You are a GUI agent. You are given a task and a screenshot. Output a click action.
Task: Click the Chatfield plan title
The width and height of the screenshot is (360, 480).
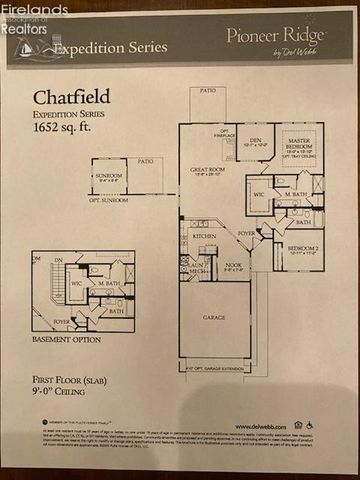point(71,98)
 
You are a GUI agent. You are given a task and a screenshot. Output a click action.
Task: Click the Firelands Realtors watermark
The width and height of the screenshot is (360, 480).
point(32,18)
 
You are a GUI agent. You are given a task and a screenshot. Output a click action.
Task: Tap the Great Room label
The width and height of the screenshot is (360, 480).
point(208,170)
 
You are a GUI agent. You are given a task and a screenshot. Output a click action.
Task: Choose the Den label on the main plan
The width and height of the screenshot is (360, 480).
point(256,140)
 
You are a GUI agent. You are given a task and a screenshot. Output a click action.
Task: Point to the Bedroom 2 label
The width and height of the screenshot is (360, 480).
point(301,247)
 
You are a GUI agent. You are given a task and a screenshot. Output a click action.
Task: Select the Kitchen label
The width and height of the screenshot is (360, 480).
point(204,236)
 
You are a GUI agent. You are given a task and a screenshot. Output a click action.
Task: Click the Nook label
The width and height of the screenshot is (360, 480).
point(232,264)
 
